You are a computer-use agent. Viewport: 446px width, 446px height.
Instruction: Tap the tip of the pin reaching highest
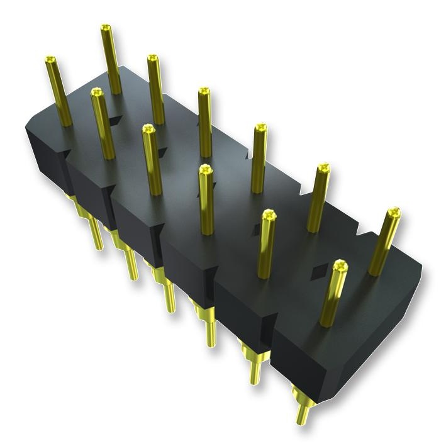click(105, 29)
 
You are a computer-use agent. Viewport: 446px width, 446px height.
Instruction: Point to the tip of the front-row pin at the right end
click(341, 265)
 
